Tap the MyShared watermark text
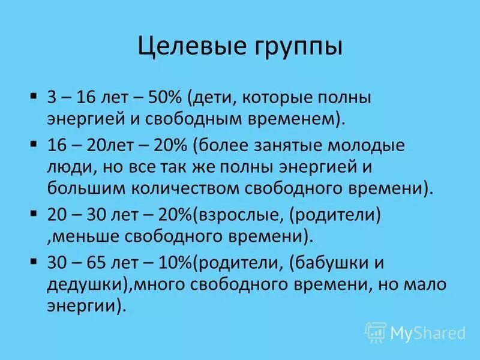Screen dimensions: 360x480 (x=427, y=332)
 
